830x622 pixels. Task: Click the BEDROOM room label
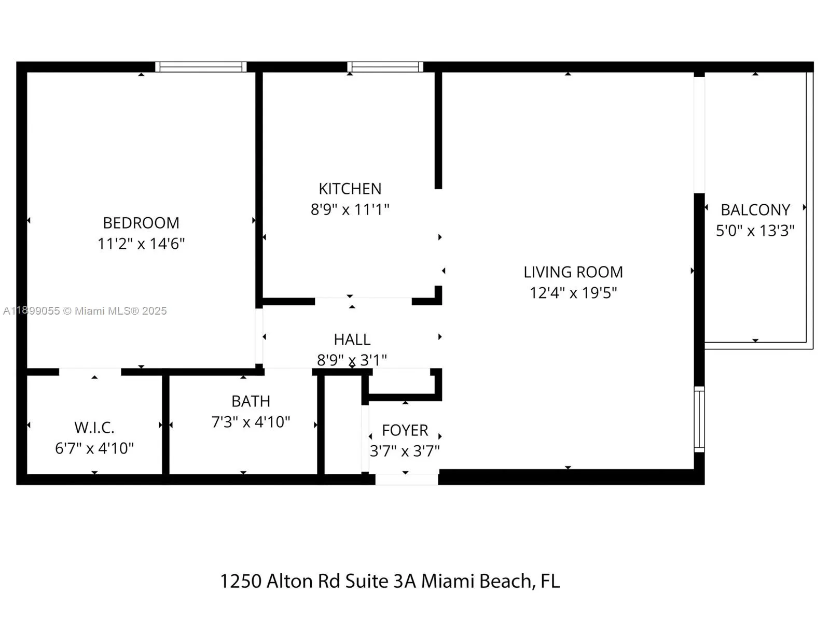pyautogui.click(x=141, y=223)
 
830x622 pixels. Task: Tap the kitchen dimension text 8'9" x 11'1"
pyautogui.click(x=350, y=209)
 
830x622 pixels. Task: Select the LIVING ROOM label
pyautogui.click(x=573, y=272)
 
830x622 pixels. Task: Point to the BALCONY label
pyautogui.click(x=755, y=210)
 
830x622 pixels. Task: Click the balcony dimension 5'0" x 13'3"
pyautogui.click(x=755, y=230)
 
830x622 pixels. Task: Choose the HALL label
pyautogui.click(x=352, y=340)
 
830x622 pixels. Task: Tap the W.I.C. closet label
pyautogui.click(x=94, y=428)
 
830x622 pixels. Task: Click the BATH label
pyautogui.click(x=251, y=401)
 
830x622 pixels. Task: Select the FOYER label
pyautogui.click(x=405, y=430)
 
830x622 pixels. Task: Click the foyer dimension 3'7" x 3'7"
pyautogui.click(x=405, y=451)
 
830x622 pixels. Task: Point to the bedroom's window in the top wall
pyautogui.click(x=201, y=67)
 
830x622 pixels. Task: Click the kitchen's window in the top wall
pyautogui.click(x=385, y=67)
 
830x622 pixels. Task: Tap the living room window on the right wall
pyautogui.click(x=699, y=419)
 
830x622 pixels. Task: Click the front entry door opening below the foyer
pyautogui.click(x=407, y=479)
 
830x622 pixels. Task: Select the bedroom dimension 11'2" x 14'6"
pyautogui.click(x=141, y=244)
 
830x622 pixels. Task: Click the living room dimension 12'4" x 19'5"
pyautogui.click(x=573, y=293)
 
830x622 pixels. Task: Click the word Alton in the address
pyautogui.click(x=289, y=581)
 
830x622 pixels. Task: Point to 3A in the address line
pyautogui.click(x=405, y=581)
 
